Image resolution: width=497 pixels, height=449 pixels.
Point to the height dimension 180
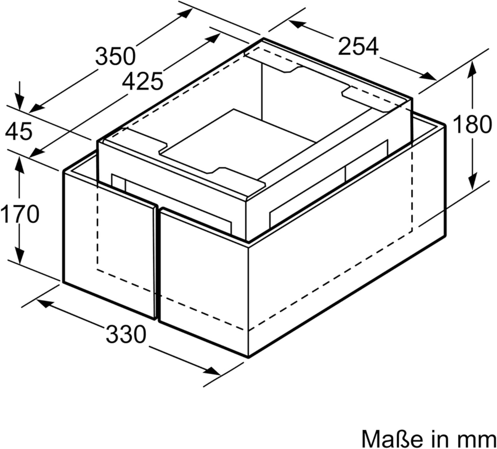[x=472, y=124]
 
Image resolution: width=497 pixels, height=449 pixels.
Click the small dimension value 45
[x=19, y=131]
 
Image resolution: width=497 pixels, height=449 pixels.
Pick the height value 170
[x=20, y=214]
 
